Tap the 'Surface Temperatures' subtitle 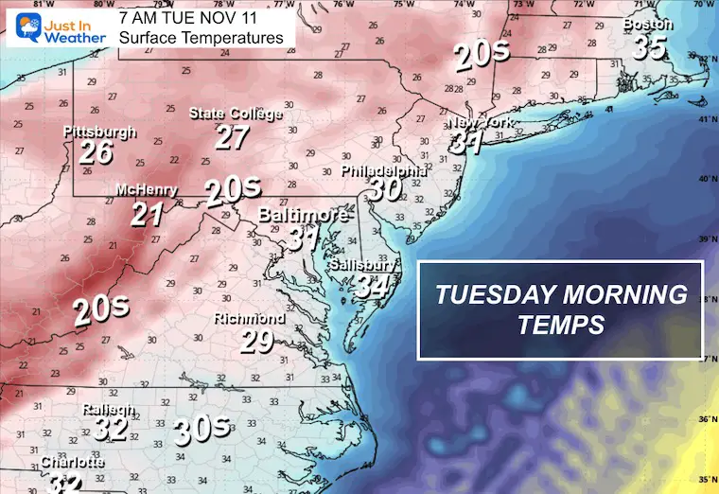tap(202, 38)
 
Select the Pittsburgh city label tap(100, 132)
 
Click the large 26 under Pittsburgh tap(96, 152)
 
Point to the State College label tap(236, 115)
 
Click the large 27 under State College tap(232, 136)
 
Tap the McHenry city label tap(146, 190)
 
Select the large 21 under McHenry tap(147, 214)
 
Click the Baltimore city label tap(303, 214)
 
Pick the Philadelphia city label tap(384, 171)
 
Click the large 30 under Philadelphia tap(384, 190)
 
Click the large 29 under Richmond tap(255, 341)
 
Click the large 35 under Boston tap(650, 47)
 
